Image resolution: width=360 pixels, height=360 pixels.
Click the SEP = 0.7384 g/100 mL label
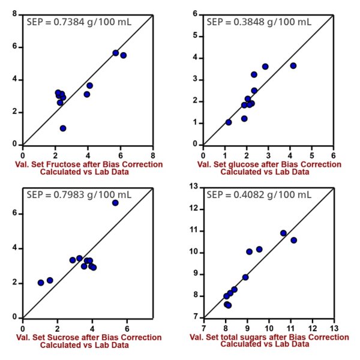79,22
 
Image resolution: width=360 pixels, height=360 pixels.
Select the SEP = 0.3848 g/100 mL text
259,22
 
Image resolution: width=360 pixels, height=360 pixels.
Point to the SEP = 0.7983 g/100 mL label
79,195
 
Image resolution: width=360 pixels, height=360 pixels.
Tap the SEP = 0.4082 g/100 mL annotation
259,195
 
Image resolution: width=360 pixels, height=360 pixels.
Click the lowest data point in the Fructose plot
63,128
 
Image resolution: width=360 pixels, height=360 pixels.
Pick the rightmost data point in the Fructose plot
124,55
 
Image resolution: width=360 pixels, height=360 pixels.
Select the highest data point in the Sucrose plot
115,203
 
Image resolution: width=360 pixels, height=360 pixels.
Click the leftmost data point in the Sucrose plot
41,283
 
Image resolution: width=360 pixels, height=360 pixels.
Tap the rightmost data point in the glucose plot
293,65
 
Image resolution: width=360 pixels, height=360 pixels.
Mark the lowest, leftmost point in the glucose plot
229,122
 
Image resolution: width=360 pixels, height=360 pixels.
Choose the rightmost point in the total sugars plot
294,240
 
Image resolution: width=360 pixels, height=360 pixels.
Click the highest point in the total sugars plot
283,233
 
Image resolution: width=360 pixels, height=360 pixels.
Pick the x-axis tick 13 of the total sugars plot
334,328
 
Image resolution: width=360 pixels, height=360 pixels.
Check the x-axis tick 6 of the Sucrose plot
127,328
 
